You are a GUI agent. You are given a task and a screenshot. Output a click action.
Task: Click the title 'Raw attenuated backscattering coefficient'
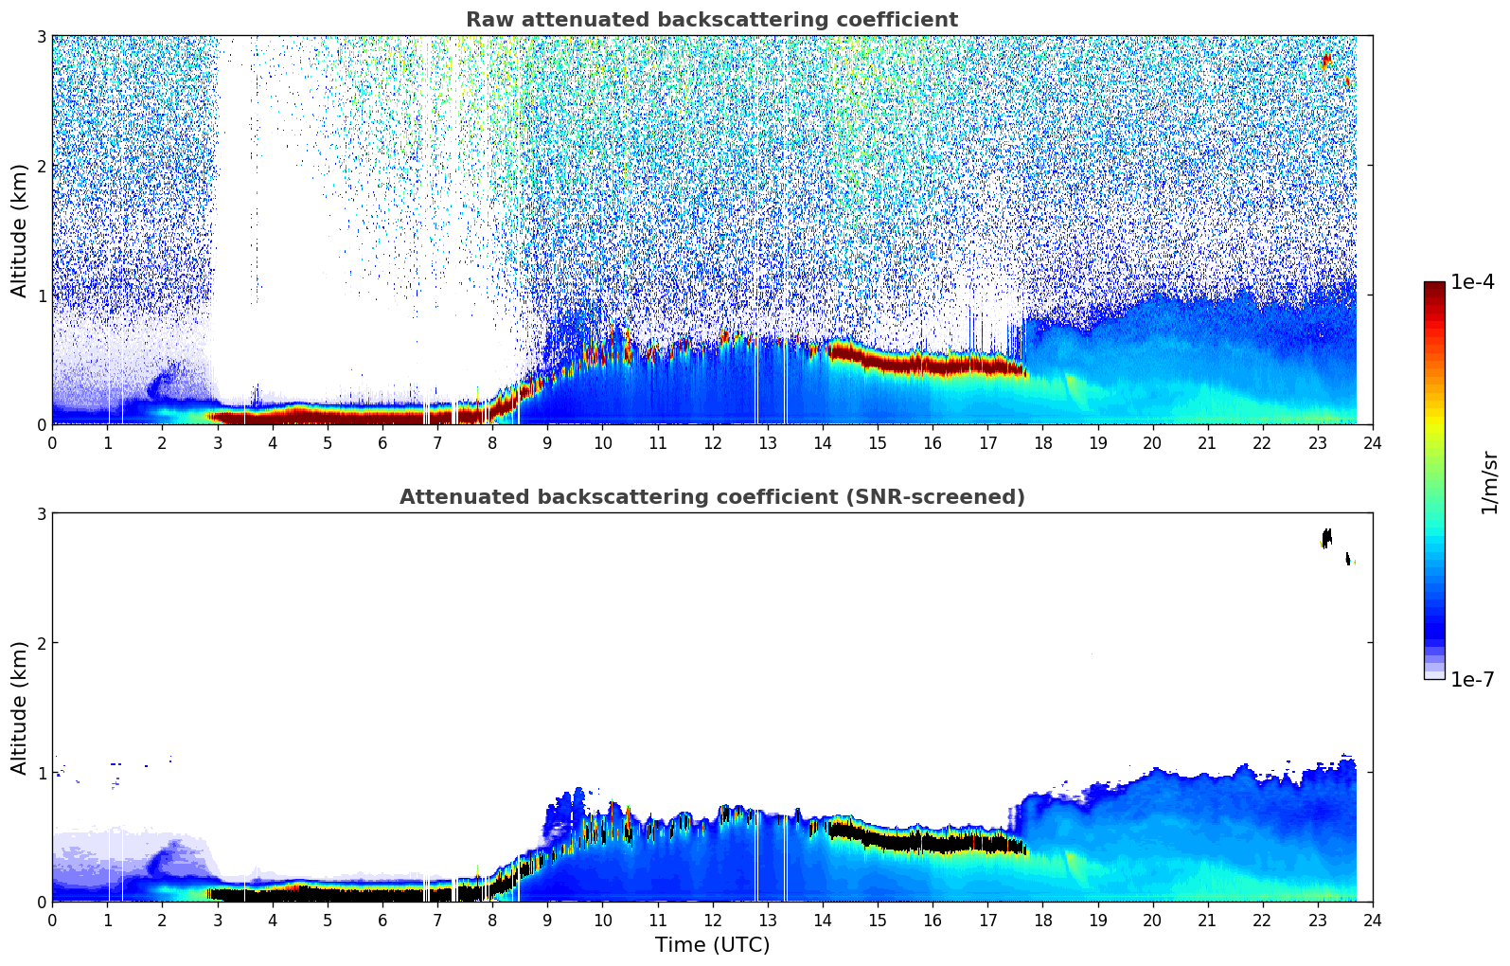711,20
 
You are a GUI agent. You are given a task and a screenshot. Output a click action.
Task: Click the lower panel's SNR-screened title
711,497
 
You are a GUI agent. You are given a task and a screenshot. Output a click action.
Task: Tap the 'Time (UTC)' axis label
712,944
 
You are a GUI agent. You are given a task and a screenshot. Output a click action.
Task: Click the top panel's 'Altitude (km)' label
19,230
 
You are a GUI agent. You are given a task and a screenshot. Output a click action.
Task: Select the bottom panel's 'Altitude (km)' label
19,707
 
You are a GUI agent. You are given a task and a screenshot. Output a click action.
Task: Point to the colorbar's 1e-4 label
1472,282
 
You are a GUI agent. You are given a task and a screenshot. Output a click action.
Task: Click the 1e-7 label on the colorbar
1472,679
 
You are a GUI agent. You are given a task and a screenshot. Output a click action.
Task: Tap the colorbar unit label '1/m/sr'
1489,482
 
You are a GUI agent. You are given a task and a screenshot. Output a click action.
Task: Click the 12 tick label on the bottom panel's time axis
712,921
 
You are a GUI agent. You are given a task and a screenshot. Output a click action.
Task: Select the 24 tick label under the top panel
1372,443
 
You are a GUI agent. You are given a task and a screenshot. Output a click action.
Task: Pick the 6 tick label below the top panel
382,443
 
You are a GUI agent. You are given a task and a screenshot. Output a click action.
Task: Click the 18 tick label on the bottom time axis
1042,921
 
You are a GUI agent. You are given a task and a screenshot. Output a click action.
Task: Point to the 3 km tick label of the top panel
42,36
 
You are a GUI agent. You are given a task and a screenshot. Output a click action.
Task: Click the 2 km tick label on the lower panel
42,643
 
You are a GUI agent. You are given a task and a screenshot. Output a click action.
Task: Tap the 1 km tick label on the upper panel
42,295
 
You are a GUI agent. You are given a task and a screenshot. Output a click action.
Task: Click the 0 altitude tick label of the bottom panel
42,902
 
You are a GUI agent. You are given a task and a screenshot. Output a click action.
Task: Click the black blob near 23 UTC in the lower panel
1326,538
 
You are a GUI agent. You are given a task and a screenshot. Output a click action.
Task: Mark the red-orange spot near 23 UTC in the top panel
1326,61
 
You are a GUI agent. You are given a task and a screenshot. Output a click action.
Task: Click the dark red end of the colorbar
1433,287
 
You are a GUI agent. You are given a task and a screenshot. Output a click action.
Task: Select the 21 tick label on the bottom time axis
1207,921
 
